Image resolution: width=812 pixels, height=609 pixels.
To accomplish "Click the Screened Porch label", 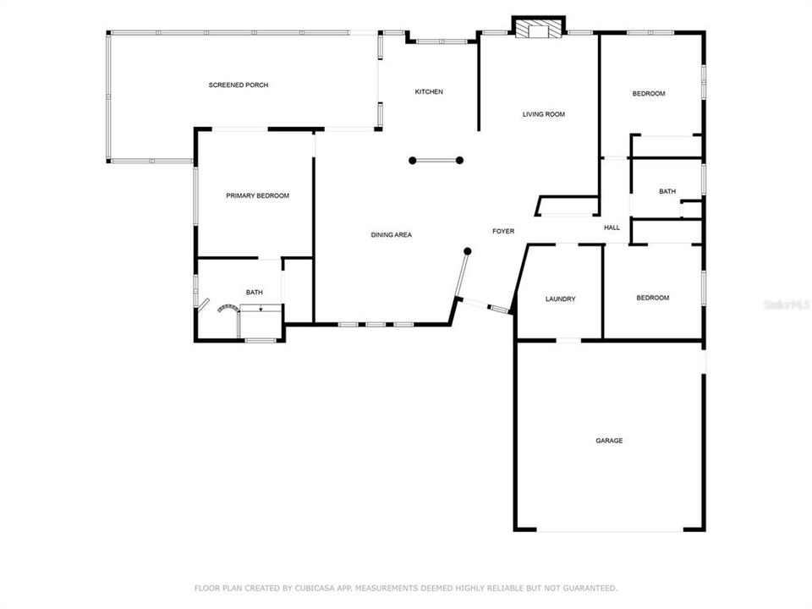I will [x=239, y=85].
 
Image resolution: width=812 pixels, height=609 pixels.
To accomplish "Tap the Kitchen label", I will [x=428, y=91].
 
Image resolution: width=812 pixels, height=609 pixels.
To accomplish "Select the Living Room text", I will [x=543, y=114].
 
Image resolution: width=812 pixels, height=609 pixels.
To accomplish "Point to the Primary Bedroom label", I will [x=257, y=195].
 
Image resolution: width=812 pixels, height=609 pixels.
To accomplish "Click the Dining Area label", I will [x=391, y=234].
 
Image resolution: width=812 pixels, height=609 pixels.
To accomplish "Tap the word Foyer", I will [x=503, y=231].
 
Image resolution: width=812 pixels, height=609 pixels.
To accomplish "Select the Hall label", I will [x=612, y=227].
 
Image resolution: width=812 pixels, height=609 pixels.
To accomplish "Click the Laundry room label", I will [x=560, y=299].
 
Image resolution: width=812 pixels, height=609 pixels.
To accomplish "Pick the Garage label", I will [x=609, y=441].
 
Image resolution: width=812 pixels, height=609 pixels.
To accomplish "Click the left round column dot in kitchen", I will [x=412, y=160].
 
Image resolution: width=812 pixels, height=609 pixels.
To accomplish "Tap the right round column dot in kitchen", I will [x=460, y=160].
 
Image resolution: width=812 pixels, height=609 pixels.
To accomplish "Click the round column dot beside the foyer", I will [x=466, y=250].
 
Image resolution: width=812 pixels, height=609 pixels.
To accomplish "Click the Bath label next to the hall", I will [x=667, y=191].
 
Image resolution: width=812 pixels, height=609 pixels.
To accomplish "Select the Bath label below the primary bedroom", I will [x=254, y=293].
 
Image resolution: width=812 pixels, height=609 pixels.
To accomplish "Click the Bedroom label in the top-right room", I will [x=649, y=94].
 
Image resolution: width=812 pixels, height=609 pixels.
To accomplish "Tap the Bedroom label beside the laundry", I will [x=652, y=298].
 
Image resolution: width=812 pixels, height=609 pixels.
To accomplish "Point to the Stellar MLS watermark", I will [x=786, y=303].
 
